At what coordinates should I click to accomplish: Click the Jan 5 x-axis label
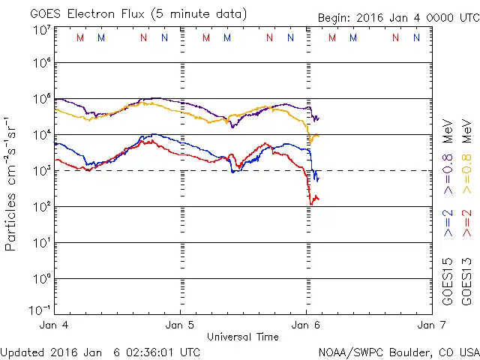tap(181, 325)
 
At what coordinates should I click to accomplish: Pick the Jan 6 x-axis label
tap(306, 325)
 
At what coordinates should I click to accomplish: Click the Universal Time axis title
tap(242, 337)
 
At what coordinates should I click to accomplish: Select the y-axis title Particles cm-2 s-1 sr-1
tap(11, 183)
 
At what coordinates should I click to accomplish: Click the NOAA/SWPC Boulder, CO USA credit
tap(398, 351)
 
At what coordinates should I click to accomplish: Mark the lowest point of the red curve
tap(311, 204)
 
